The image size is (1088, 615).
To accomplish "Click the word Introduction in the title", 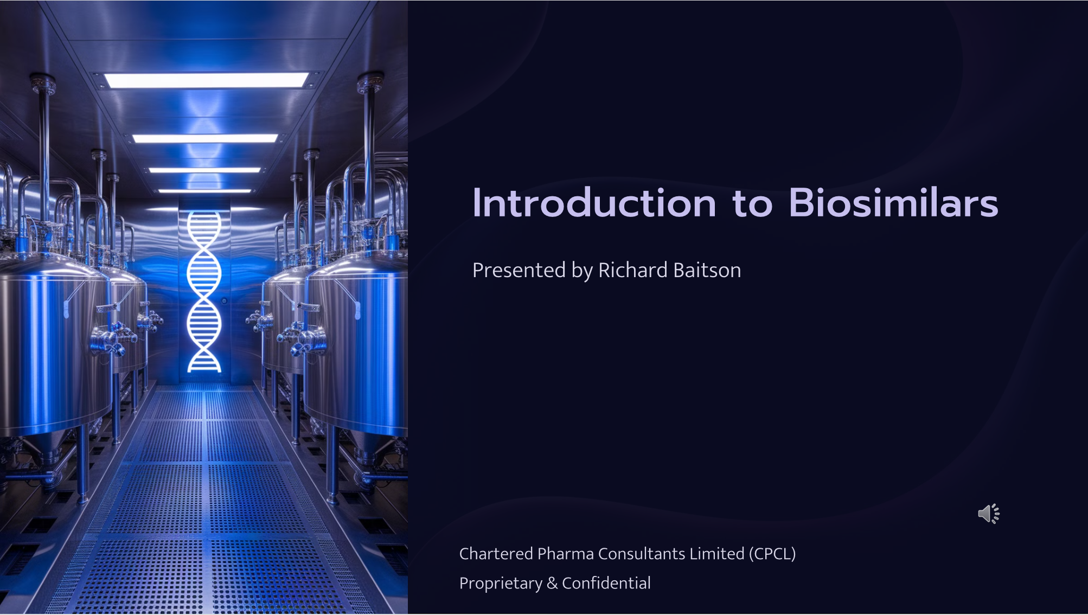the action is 594,203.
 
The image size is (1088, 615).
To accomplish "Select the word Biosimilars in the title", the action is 893,203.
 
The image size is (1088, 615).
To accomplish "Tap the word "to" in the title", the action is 752,205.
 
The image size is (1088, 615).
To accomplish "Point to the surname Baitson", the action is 707,270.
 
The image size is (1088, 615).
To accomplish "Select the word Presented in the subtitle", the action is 519,270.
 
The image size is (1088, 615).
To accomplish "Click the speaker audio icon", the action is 989,514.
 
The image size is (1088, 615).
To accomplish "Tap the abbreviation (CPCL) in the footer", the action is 772,554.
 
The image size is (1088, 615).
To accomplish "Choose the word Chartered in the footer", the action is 496,554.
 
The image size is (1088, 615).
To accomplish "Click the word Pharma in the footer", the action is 565,554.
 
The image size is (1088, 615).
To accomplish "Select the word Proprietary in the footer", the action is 501,584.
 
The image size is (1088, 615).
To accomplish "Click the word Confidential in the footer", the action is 606,583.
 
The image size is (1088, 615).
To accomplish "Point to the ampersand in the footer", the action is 552,583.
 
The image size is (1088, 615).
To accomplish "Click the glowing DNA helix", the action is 204,292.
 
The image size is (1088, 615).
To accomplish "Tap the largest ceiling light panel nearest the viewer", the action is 207,80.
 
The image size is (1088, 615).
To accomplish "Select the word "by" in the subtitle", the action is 582,271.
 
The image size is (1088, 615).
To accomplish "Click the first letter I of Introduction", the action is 476,203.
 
